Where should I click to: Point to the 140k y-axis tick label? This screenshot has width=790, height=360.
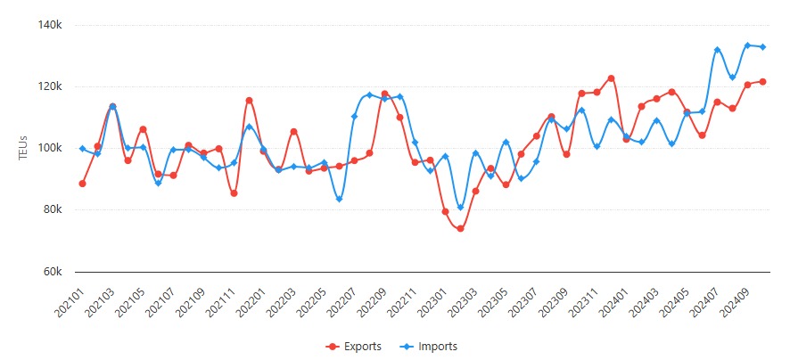click(x=50, y=26)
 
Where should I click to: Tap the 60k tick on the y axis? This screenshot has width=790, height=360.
click(x=53, y=272)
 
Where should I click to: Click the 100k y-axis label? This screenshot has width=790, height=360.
click(x=50, y=149)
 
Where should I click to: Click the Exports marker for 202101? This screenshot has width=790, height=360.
click(x=82, y=184)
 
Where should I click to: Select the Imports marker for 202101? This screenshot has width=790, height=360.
click(x=82, y=149)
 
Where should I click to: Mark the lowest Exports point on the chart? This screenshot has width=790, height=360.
click(x=460, y=229)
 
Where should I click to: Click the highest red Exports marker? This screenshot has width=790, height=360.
click(x=612, y=78)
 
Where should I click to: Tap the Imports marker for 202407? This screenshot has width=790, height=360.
click(x=717, y=50)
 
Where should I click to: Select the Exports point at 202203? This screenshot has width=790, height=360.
click(x=293, y=132)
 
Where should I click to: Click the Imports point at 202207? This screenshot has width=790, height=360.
click(x=354, y=116)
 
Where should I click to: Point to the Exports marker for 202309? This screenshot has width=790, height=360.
click(x=566, y=154)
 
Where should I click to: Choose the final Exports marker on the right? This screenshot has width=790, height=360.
click(x=762, y=82)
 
